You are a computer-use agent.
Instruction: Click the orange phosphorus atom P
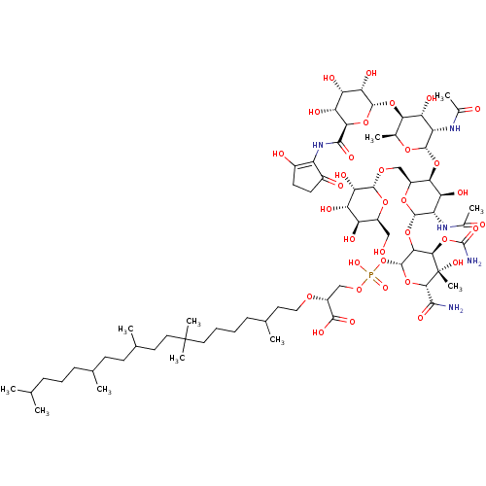click(x=370, y=275)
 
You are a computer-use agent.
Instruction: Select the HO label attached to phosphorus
click(x=355, y=262)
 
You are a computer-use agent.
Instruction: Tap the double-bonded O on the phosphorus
click(x=384, y=288)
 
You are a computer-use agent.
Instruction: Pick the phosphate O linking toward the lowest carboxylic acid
click(x=359, y=289)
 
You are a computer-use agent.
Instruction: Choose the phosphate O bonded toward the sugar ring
click(x=384, y=260)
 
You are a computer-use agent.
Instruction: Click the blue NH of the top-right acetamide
click(x=454, y=128)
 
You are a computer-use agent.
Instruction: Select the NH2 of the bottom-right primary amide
click(x=455, y=308)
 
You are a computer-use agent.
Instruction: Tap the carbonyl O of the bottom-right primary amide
click(x=422, y=318)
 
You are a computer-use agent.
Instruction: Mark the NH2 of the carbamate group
click(x=473, y=260)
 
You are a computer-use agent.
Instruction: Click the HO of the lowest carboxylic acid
click(x=318, y=332)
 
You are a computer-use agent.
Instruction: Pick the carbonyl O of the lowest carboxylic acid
click(x=352, y=321)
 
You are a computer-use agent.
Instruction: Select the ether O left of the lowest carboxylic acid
click(x=309, y=296)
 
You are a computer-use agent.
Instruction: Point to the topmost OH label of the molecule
click(x=371, y=73)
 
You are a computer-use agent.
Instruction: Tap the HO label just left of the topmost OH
click(x=329, y=78)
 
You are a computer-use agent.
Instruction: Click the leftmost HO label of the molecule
click(x=278, y=154)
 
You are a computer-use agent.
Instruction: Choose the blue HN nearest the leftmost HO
click(x=317, y=146)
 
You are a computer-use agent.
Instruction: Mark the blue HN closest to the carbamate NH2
click(x=442, y=227)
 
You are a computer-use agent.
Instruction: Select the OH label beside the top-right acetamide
click(x=430, y=98)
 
